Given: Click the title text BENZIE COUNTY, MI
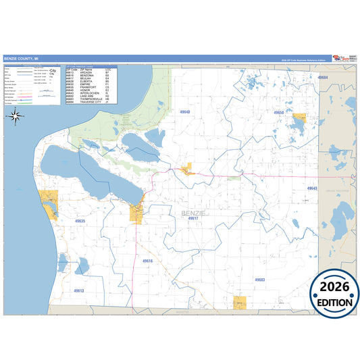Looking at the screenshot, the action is coord(22,59).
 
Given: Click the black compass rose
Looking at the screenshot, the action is coord(15,115).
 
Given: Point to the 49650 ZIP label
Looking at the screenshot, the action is coord(278,113).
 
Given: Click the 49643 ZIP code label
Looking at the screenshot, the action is coord(311,188).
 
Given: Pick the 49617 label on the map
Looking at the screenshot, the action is coord(194,218).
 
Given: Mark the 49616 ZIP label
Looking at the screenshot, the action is coord(148,261).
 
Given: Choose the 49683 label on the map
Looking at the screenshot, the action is coord(260,279).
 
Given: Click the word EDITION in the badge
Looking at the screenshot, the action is coord(334,303).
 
